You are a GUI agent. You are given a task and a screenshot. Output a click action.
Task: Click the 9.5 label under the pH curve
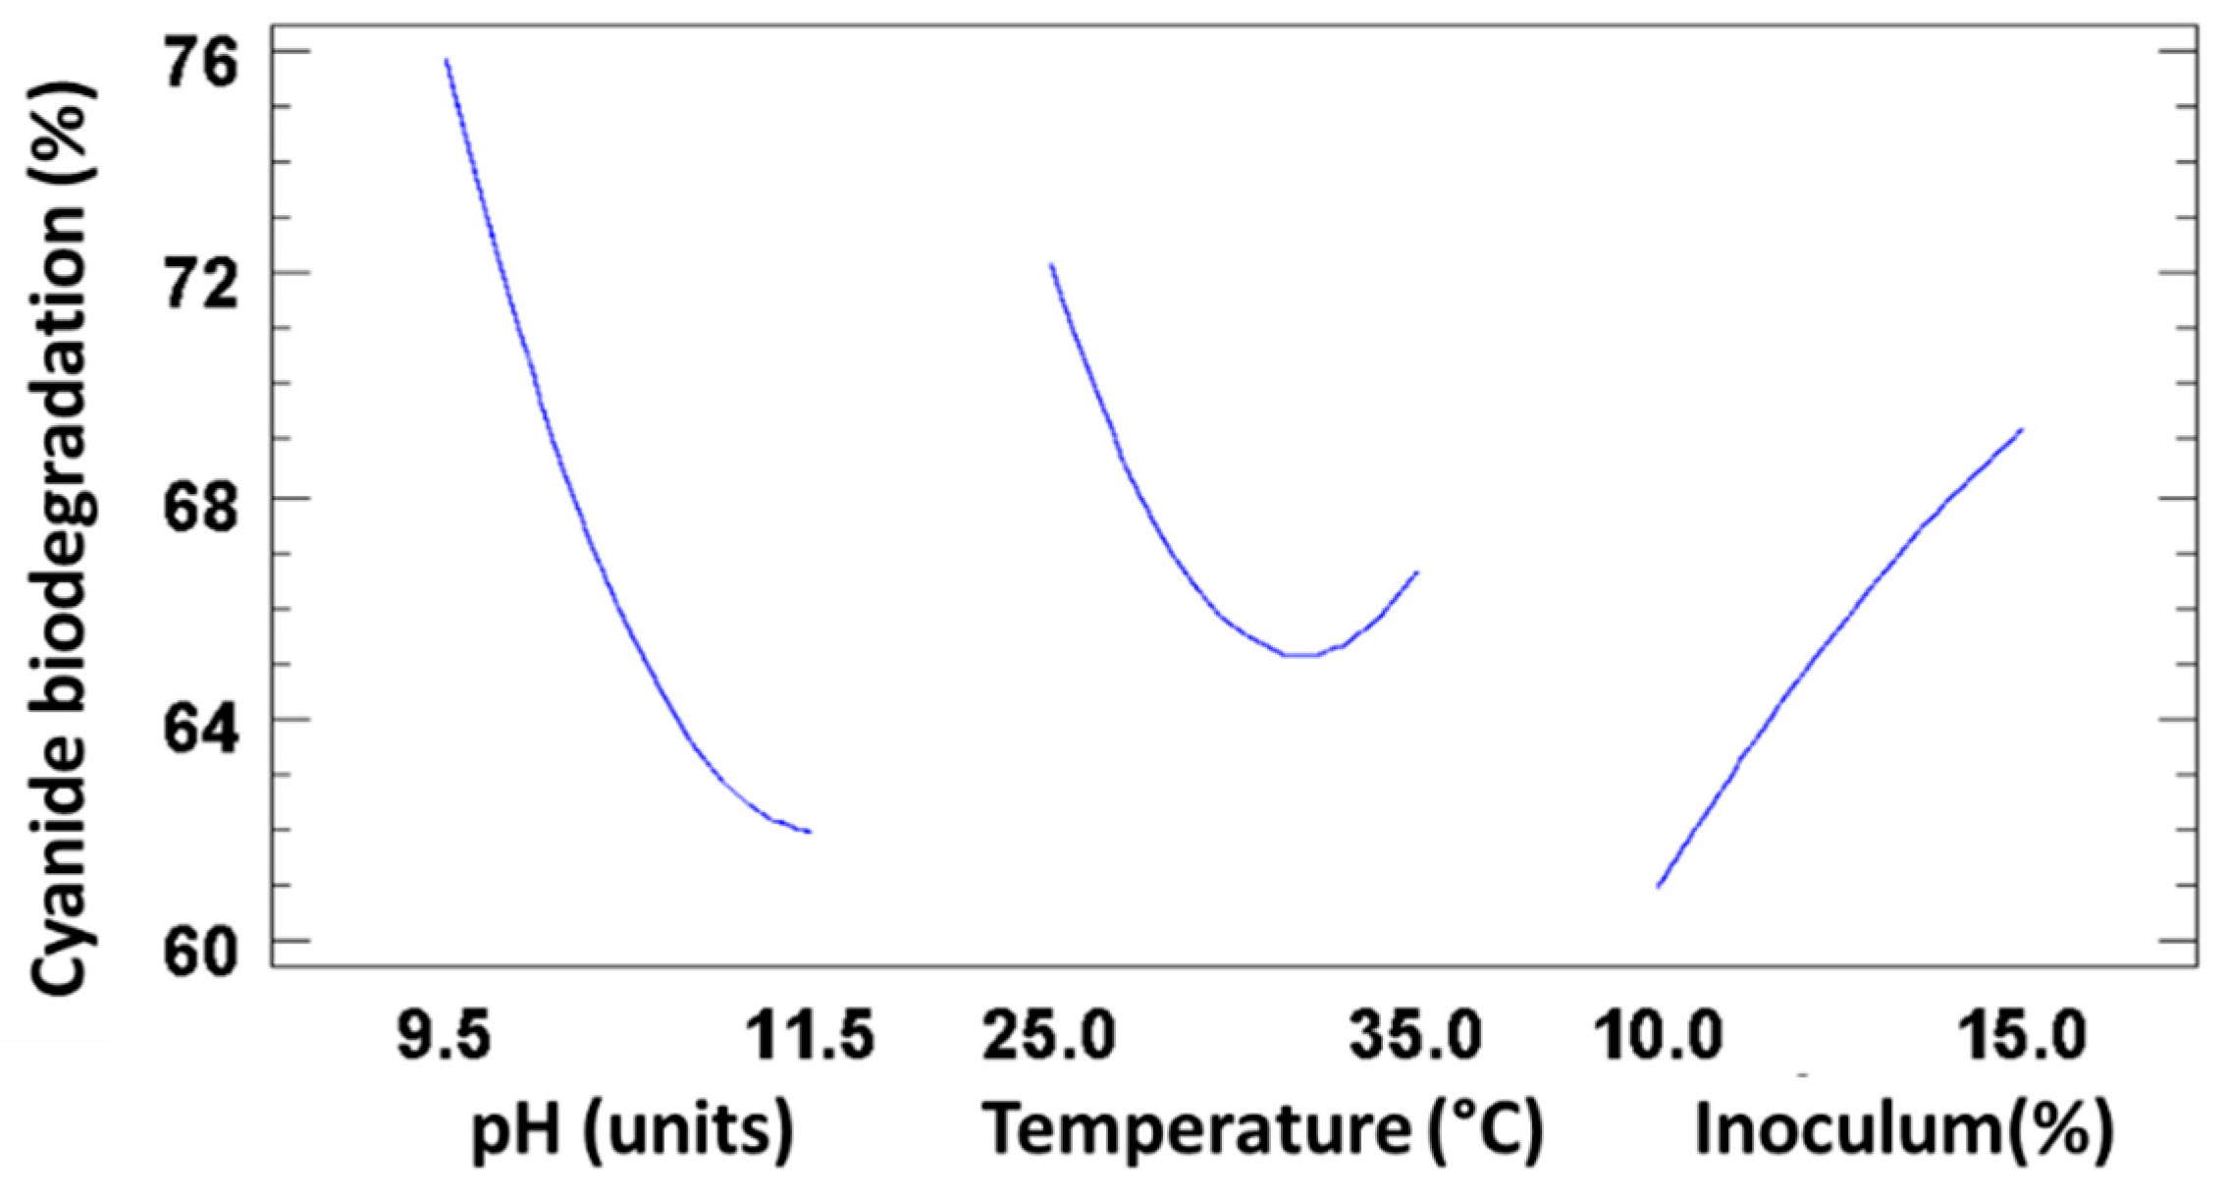coord(444,1035)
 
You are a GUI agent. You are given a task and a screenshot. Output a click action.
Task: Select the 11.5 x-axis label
coord(810,1035)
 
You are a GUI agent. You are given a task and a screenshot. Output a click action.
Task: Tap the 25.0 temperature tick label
coord(1048,1035)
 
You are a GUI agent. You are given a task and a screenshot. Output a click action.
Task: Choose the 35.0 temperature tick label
coord(1415,1035)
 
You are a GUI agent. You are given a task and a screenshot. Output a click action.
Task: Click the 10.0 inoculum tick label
coord(1657,1035)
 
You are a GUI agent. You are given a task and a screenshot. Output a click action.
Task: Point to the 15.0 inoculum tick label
coord(2022,1035)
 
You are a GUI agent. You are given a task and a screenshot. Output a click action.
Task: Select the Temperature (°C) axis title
coord(1264,1129)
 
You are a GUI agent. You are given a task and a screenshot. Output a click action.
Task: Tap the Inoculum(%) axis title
coord(1904,1129)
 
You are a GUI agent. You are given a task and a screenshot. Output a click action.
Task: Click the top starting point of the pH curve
coord(447,60)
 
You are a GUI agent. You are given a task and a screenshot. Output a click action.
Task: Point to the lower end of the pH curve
coord(810,832)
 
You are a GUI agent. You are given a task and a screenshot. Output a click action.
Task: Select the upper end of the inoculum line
coord(2022,429)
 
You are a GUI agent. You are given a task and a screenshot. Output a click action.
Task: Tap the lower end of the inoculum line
coord(1658,887)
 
